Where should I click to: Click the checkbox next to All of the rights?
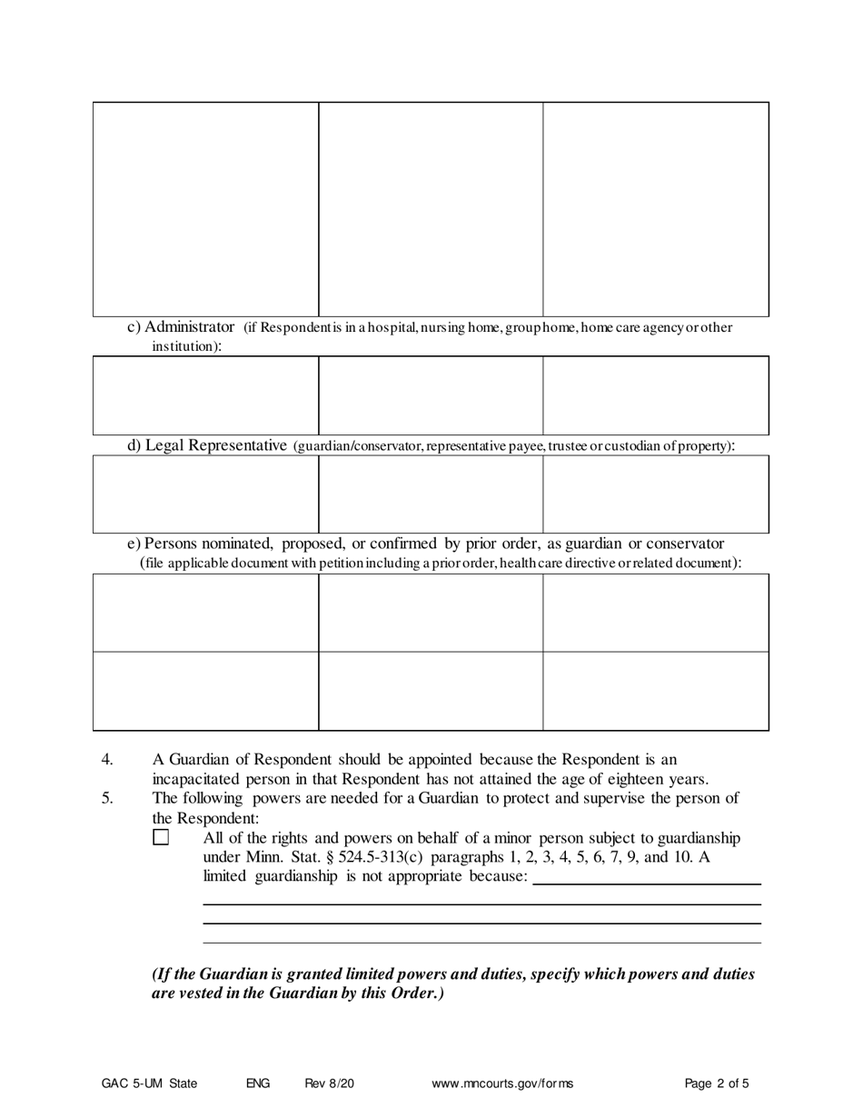161,837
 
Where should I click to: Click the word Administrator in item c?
189,327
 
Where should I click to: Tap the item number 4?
106,760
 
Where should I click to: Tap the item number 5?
106,799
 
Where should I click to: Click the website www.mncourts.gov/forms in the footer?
502,1083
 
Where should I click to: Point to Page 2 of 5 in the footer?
717,1083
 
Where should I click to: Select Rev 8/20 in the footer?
329,1083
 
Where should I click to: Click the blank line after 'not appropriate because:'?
647,879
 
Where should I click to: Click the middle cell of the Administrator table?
431,395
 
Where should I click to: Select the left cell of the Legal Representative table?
205,494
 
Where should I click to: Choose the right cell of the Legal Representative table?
656,494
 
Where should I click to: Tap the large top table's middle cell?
431,209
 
